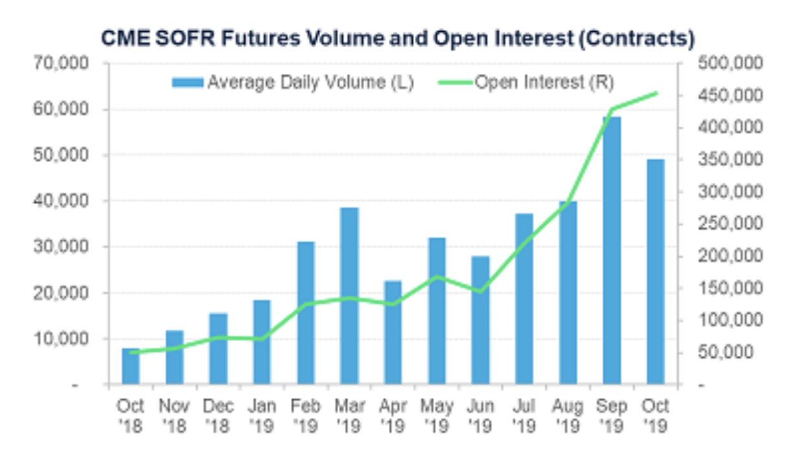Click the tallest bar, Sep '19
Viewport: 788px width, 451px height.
tap(612, 250)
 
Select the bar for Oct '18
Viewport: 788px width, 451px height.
tap(131, 366)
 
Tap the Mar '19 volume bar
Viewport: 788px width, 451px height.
tap(350, 295)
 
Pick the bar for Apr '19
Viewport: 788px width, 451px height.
tap(393, 332)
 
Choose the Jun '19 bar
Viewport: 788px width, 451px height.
tap(481, 319)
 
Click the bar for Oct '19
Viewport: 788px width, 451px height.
tap(656, 272)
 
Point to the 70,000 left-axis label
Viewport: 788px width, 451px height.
tap(60, 64)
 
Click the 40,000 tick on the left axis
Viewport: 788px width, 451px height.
tap(60, 201)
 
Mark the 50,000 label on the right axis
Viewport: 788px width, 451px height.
tap(726, 352)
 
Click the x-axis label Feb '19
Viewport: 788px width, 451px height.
tap(305, 416)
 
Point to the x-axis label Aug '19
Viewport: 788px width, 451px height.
tap(568, 416)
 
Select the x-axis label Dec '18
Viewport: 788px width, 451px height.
tap(218, 416)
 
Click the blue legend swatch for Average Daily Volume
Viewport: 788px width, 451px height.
tap(188, 83)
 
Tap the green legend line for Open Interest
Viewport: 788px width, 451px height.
tap(456, 83)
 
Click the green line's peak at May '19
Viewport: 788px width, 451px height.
tap(437, 277)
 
